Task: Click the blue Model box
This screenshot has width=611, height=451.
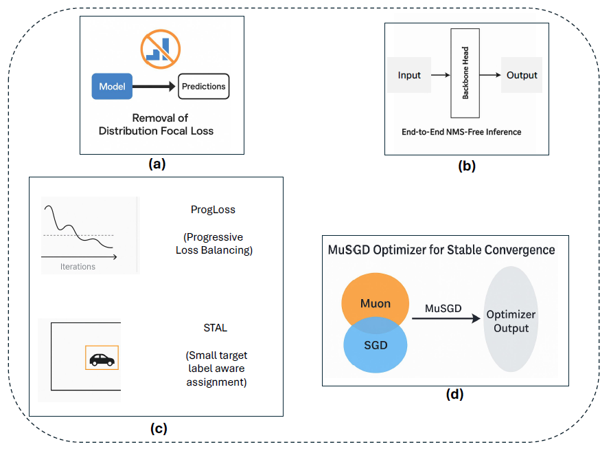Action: point(112,86)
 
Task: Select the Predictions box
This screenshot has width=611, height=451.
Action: point(204,86)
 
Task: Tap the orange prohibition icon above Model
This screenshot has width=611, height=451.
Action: point(161,49)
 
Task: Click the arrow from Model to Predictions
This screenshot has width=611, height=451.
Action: point(154,86)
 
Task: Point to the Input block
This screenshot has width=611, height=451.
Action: point(409,75)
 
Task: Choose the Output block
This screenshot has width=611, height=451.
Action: point(522,75)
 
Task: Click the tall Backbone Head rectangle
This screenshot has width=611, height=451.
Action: point(465,73)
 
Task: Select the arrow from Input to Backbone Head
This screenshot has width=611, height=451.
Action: point(441,75)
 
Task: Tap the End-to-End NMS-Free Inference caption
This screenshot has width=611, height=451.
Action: point(461,132)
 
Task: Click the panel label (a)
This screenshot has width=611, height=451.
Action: point(157,164)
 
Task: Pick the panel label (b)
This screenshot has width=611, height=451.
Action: point(467,166)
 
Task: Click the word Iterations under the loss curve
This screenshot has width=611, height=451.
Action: point(78,267)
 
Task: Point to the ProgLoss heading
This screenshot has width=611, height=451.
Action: point(213,210)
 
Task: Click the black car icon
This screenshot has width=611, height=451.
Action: point(102,360)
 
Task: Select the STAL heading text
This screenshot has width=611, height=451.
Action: point(215,328)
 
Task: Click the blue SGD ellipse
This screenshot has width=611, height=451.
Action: point(376,345)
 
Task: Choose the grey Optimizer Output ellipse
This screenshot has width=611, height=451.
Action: point(511,319)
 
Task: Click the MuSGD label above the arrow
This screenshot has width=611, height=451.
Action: point(443,309)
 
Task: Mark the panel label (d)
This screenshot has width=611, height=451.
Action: point(454,395)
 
